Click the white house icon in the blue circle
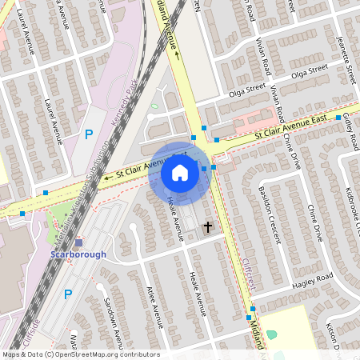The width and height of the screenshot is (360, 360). pos(179,172)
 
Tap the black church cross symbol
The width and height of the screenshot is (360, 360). pos(208,227)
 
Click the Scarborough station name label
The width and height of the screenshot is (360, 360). pos(78,254)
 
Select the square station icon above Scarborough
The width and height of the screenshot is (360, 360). pos(78,242)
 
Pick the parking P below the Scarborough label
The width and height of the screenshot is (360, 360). pos(68,294)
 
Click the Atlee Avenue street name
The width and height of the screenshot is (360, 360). pos(155,307)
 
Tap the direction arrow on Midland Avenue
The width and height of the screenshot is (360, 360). pos(177,55)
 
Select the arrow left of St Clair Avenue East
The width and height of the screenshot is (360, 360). pos(106,174)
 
